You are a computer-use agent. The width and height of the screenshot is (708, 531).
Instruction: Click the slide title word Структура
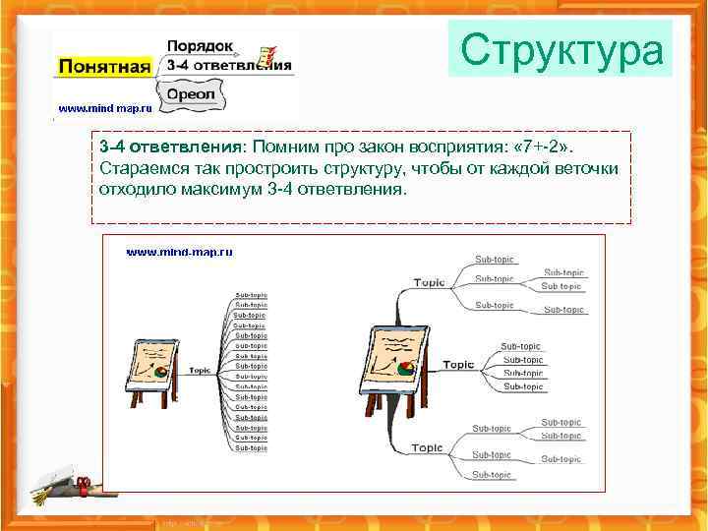[560, 50]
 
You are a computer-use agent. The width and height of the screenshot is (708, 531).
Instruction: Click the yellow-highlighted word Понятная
[105, 67]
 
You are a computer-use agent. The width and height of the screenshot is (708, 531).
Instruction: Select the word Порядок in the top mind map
[200, 46]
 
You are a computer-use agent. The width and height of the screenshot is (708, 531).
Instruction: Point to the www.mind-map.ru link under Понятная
[104, 108]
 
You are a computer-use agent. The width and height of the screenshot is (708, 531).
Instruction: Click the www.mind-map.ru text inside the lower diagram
[179, 253]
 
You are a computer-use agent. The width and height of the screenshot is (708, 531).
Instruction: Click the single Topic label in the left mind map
[200, 370]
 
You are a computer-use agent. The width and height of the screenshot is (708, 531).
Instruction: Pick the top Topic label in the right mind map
[429, 283]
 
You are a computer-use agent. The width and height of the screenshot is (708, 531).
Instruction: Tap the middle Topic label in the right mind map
[458, 365]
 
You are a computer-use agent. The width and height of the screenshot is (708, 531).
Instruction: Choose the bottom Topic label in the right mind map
[427, 447]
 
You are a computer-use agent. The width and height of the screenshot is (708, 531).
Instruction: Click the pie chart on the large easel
[406, 369]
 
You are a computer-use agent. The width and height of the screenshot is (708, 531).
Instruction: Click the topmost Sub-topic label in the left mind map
[251, 294]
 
